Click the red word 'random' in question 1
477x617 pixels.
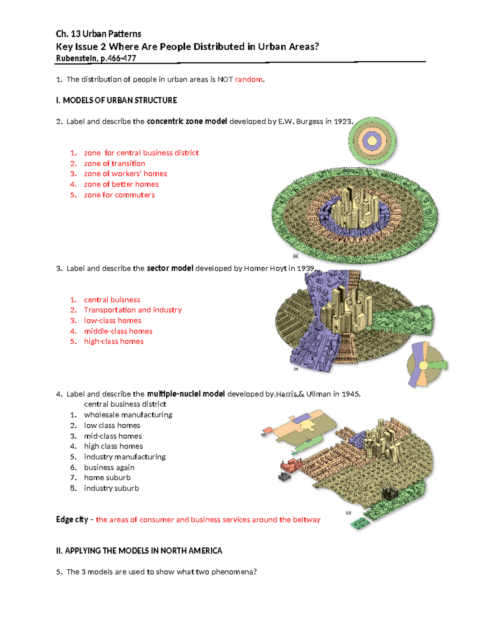248,79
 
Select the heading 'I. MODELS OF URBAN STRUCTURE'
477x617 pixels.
116,101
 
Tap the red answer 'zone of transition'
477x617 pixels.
114,163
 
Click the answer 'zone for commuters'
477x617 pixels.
119,195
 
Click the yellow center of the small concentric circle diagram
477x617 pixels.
372,141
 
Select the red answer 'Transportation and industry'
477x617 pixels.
133,310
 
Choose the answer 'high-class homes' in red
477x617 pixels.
114,341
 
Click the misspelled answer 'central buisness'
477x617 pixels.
112,300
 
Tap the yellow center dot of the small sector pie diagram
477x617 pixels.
424,366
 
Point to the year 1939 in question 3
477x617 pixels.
305,269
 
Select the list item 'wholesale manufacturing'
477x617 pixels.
128,415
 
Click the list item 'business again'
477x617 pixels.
109,468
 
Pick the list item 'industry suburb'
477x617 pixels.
111,488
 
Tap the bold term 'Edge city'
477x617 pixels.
72,520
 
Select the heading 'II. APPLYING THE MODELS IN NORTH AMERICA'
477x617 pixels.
139,551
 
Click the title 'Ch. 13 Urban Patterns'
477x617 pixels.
99,34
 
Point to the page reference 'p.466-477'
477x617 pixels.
118,58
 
